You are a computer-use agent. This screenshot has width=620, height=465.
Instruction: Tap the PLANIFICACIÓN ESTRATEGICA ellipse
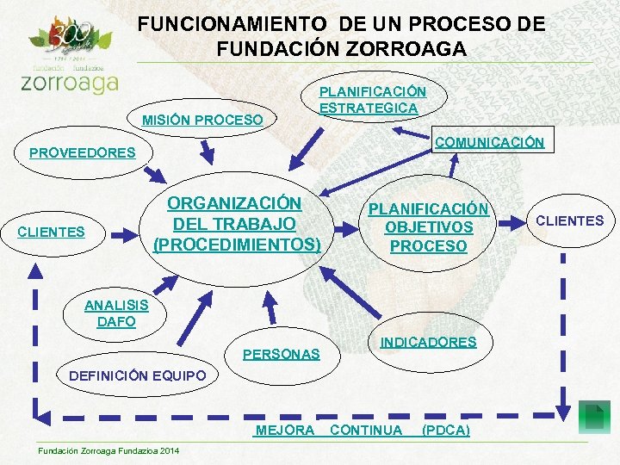click(372, 99)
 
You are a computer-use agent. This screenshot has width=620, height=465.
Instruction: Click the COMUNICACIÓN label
click(489, 143)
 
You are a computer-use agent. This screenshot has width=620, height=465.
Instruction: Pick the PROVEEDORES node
click(83, 153)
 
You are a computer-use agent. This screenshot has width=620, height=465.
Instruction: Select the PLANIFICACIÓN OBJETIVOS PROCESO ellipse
click(428, 227)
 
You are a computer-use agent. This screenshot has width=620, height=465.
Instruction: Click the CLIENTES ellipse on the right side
click(569, 221)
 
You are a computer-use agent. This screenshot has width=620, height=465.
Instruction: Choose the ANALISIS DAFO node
click(115, 313)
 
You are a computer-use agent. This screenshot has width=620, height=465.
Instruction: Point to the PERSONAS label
click(281, 354)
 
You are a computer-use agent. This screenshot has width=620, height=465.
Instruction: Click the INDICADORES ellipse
click(428, 342)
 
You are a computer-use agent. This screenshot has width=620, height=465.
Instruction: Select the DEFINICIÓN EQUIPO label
click(137, 375)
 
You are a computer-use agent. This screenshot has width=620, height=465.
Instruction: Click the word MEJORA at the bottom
click(285, 430)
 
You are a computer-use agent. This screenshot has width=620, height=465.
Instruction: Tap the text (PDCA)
click(445, 430)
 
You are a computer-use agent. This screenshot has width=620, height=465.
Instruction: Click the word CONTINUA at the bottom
click(366, 430)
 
